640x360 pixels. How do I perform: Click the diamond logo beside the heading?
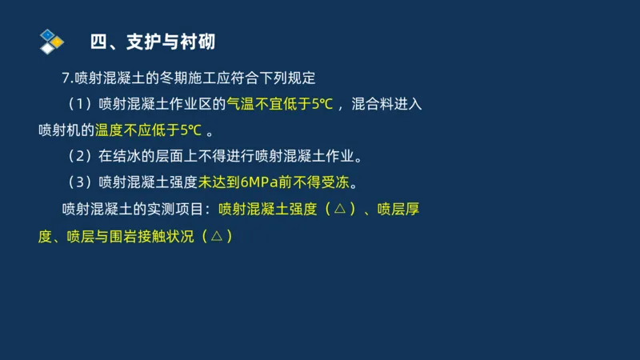(50, 40)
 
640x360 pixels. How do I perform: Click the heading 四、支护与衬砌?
(152, 41)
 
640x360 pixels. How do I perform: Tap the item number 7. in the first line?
(67, 78)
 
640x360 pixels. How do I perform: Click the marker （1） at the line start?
(79, 104)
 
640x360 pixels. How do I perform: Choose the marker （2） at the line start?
(79, 155)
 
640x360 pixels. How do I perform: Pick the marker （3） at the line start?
(79, 182)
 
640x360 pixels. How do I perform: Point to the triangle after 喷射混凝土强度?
(340, 210)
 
